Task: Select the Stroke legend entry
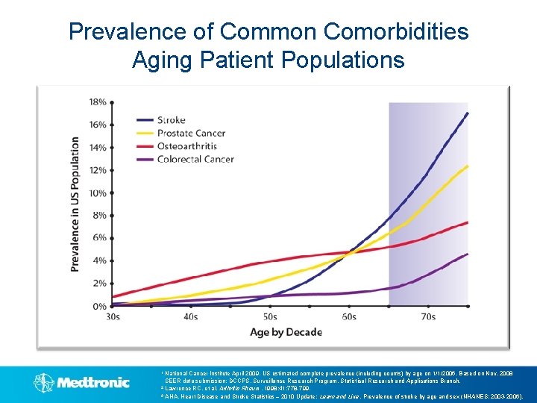click(171, 119)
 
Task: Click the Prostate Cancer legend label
click(191, 133)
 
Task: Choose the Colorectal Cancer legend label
click(195, 158)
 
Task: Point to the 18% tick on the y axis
click(97, 101)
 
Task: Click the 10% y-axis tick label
click(97, 193)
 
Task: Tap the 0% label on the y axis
click(99, 306)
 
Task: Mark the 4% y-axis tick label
click(99, 260)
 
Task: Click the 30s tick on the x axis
click(112, 316)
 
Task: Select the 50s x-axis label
click(269, 316)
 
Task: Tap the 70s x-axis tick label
click(427, 316)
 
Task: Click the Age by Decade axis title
click(286, 332)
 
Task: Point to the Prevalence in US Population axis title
click(75, 203)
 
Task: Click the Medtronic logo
click(81, 383)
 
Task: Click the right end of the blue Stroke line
click(468, 113)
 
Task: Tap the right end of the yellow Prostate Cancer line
click(468, 166)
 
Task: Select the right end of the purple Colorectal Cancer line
click(468, 254)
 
